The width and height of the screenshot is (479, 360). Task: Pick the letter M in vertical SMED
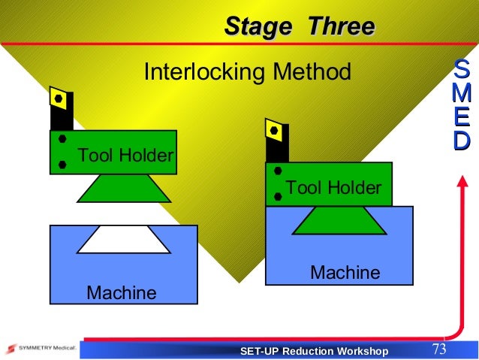pyautogui.click(x=462, y=95)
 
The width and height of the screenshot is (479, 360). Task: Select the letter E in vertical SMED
pyautogui.click(x=462, y=118)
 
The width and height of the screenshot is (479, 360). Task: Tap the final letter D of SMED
pyautogui.click(x=462, y=141)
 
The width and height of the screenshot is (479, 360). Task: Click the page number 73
pyautogui.click(x=439, y=349)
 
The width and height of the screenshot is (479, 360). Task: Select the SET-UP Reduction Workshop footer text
pyautogui.click(x=314, y=352)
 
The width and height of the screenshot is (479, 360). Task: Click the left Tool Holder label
pyautogui.click(x=125, y=156)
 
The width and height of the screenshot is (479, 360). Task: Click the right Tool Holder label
pyautogui.click(x=333, y=187)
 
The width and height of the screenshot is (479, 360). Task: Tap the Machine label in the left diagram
pyautogui.click(x=122, y=292)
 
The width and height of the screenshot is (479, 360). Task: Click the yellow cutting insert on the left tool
pyautogui.click(x=59, y=98)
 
